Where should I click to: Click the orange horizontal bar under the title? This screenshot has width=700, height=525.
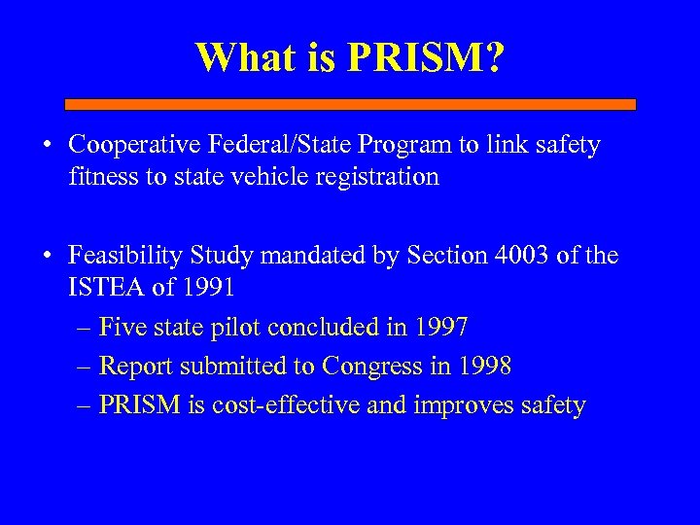click(350, 103)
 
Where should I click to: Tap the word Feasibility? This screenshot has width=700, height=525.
click(120, 257)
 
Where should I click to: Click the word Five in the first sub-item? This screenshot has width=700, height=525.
click(122, 328)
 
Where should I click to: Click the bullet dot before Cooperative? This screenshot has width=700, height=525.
click(47, 147)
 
